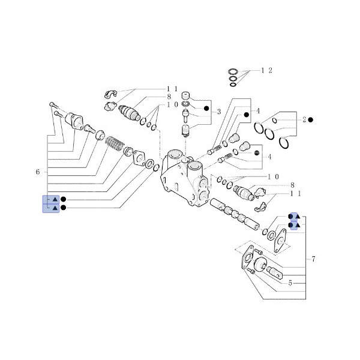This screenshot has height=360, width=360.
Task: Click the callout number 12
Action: [266, 70]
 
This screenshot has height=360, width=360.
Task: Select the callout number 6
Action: [38, 172]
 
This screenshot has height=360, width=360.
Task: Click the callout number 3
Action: [219, 112]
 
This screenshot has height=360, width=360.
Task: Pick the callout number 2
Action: [304, 120]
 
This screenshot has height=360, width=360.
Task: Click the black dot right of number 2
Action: [311, 120]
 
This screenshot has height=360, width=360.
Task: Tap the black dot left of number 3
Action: [206, 109]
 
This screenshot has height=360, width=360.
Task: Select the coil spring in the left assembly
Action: [114, 144]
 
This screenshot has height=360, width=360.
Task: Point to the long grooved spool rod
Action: [237, 213]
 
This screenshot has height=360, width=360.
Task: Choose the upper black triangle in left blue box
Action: [55, 199]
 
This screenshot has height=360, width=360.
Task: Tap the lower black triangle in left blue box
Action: [55, 208]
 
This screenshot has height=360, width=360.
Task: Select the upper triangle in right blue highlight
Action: [295, 217]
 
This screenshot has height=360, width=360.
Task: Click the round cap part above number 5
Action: [262, 265]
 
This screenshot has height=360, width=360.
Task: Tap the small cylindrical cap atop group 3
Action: [186, 97]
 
